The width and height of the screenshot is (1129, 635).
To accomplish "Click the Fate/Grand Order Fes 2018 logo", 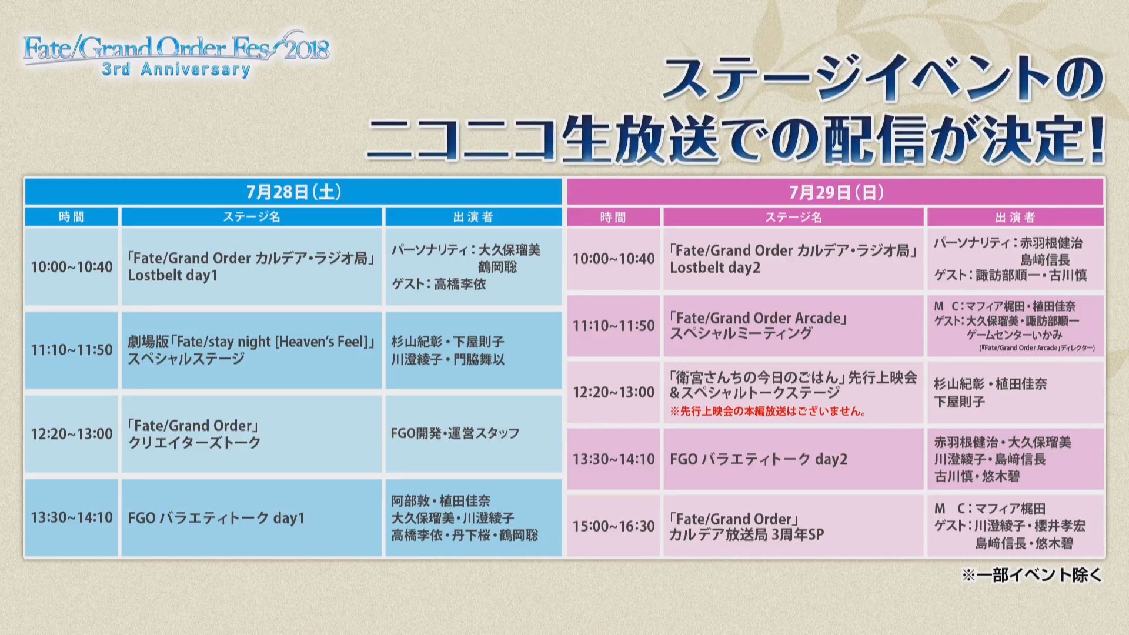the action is (x=176, y=54).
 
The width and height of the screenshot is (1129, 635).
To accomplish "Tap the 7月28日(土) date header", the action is (x=293, y=192).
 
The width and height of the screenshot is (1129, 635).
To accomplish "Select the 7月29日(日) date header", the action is (x=836, y=192).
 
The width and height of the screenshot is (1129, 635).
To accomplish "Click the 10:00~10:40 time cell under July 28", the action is (x=72, y=267).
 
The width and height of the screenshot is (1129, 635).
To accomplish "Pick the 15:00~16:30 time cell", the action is (x=614, y=526).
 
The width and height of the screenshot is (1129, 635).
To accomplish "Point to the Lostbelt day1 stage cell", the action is (x=252, y=267).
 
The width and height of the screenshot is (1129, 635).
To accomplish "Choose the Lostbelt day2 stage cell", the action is (x=793, y=259).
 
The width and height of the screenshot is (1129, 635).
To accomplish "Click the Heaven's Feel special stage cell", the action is (x=252, y=350).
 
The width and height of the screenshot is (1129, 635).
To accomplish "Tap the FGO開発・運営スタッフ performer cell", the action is (x=473, y=434).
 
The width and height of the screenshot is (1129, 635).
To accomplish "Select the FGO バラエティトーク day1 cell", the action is (x=252, y=518).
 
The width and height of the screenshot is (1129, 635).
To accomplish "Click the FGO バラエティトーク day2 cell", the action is (x=793, y=459).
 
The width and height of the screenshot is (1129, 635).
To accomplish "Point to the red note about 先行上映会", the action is (x=767, y=412).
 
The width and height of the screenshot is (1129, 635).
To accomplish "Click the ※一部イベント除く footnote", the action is (x=1032, y=575).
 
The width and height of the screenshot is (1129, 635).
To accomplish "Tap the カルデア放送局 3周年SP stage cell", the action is (x=793, y=526).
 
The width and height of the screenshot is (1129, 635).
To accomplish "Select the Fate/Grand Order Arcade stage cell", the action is (x=793, y=326).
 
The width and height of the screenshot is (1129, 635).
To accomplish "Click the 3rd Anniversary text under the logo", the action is (x=176, y=69).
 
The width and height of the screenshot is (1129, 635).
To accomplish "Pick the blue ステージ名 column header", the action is (x=252, y=217).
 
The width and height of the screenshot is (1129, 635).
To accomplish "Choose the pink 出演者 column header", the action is (x=1016, y=217).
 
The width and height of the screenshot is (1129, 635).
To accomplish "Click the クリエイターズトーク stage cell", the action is (x=252, y=434).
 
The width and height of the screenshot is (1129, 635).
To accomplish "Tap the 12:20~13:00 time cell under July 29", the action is (x=614, y=392).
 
